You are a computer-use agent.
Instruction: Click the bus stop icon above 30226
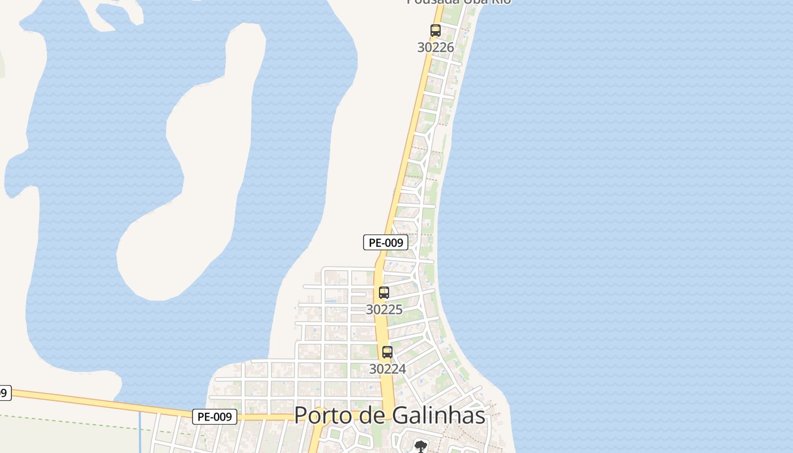(x=435, y=31)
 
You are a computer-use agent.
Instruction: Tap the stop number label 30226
(x=436, y=48)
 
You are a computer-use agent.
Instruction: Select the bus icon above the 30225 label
(x=384, y=293)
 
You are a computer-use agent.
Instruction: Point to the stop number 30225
(x=384, y=310)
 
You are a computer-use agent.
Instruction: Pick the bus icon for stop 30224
(x=387, y=352)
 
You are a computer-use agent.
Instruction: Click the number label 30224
(x=387, y=369)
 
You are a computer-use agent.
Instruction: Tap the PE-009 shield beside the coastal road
(x=386, y=243)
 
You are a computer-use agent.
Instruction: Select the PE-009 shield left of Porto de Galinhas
(x=215, y=417)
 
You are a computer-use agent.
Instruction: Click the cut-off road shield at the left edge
(x=5, y=392)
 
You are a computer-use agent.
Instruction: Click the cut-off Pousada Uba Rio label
(x=459, y=2)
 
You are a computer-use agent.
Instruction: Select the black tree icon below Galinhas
(x=420, y=447)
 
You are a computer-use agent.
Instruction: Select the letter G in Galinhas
(x=396, y=416)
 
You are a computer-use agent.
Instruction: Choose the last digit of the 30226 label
(x=450, y=48)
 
